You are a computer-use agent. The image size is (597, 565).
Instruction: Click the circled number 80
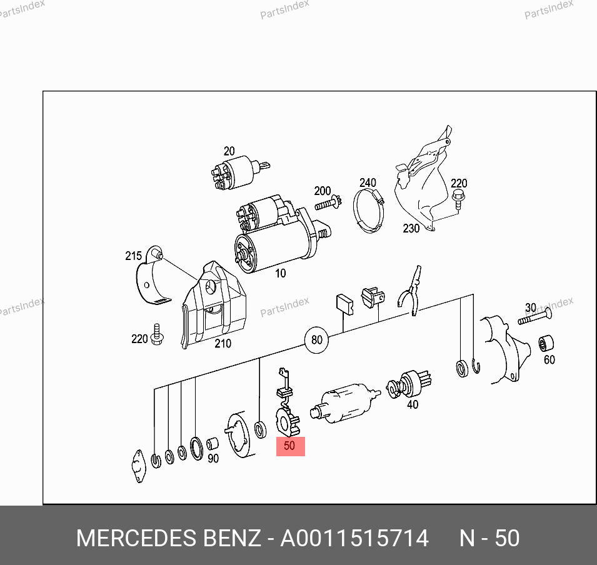tap(317, 339)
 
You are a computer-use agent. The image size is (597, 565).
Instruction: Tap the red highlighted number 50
tap(290, 446)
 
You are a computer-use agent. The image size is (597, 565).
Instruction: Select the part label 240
tap(368, 182)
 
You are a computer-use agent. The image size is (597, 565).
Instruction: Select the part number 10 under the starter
tap(280, 273)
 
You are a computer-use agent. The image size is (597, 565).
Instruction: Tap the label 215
tap(133, 256)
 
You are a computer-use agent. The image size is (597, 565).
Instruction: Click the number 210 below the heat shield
tap(223, 343)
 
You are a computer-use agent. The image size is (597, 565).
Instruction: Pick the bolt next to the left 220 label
tap(157, 334)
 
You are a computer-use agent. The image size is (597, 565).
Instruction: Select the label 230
tap(411, 228)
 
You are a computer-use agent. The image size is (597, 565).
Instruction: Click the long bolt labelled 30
tap(534, 317)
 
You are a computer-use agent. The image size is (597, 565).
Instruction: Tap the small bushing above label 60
tap(546, 344)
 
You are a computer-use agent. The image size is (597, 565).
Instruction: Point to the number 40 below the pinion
tap(413, 404)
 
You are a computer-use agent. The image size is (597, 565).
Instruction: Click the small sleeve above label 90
tap(213, 444)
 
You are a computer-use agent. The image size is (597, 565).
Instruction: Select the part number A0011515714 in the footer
tap(354, 538)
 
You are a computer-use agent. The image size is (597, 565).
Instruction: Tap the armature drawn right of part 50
tap(345, 404)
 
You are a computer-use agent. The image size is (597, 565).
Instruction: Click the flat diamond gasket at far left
tap(138, 466)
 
